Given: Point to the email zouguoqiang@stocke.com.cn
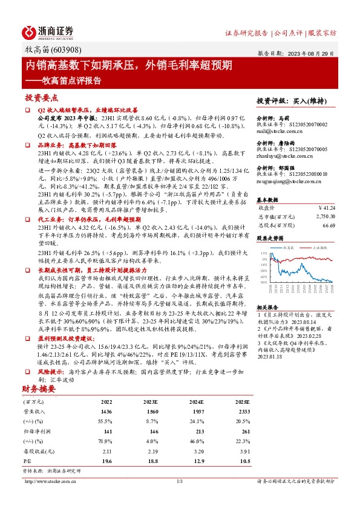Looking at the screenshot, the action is [287, 180].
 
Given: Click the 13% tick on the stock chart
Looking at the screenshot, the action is [264, 254].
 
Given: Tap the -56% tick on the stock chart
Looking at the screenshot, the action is [263, 282].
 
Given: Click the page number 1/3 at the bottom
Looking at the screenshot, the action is [180, 481].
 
